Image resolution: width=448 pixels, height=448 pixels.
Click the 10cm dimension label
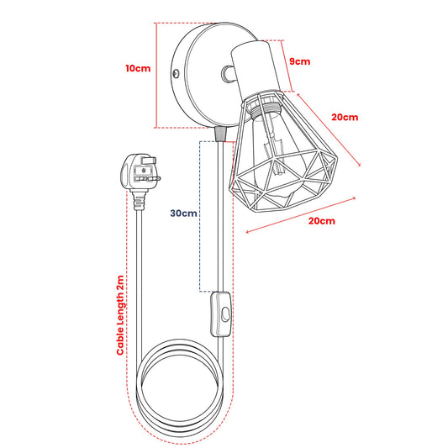point(138,69)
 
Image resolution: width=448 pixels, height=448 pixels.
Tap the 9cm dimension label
point(299,61)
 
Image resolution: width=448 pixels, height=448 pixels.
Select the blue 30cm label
point(183,213)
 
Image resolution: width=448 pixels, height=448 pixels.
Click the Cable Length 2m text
point(120,315)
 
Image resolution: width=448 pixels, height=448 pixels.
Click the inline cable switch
point(221,314)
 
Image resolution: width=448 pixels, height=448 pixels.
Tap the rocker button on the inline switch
point(225,314)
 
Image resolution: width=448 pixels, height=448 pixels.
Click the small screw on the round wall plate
point(176,73)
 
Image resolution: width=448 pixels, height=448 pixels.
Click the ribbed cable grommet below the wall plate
point(220,134)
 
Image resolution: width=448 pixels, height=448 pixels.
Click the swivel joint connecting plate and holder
point(228,73)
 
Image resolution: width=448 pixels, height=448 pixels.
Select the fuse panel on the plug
point(144,171)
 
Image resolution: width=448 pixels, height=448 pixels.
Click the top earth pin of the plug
point(149,161)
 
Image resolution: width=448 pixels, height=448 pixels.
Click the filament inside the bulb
point(276,155)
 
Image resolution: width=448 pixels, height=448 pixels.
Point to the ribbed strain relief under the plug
point(139,202)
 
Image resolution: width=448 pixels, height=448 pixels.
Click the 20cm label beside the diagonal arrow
point(345,117)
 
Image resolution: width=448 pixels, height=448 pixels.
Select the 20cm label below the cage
point(321,221)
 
